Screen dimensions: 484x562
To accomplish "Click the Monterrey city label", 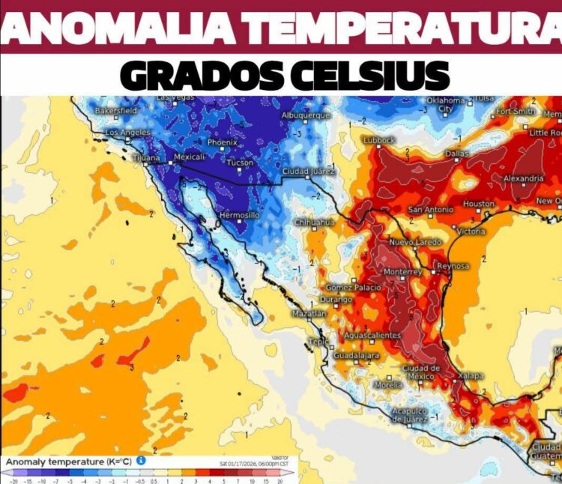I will pyautogui.click(x=403, y=271).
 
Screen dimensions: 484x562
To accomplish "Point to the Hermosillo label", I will pyautogui.click(x=239, y=215).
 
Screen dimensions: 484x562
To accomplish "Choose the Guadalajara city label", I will pyautogui.click(x=356, y=355).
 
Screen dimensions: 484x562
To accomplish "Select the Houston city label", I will pyautogui.click(x=479, y=204).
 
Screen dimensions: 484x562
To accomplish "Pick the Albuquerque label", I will pyautogui.click(x=305, y=115).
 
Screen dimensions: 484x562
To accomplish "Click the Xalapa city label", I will pyautogui.click(x=471, y=375).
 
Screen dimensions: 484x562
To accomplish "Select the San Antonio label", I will pyautogui.click(x=430, y=210).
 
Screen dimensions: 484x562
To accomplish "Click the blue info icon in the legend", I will pyautogui.click(x=140, y=461).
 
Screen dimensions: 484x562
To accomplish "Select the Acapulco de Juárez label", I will pyautogui.click(x=409, y=415).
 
